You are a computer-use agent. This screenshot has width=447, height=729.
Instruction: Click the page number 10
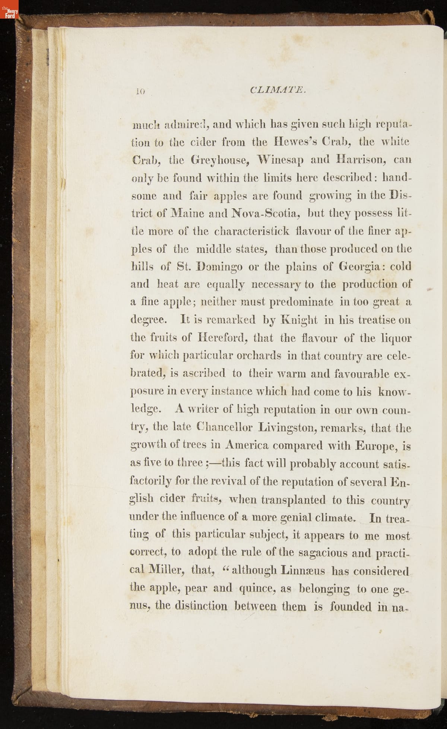point(140,91)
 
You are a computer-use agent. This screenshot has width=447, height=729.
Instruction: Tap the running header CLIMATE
point(279,90)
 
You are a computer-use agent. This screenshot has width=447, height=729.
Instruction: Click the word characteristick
point(251,231)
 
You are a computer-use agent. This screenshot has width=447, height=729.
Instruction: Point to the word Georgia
point(359,267)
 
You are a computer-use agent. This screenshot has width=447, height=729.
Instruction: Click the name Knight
point(299,320)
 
